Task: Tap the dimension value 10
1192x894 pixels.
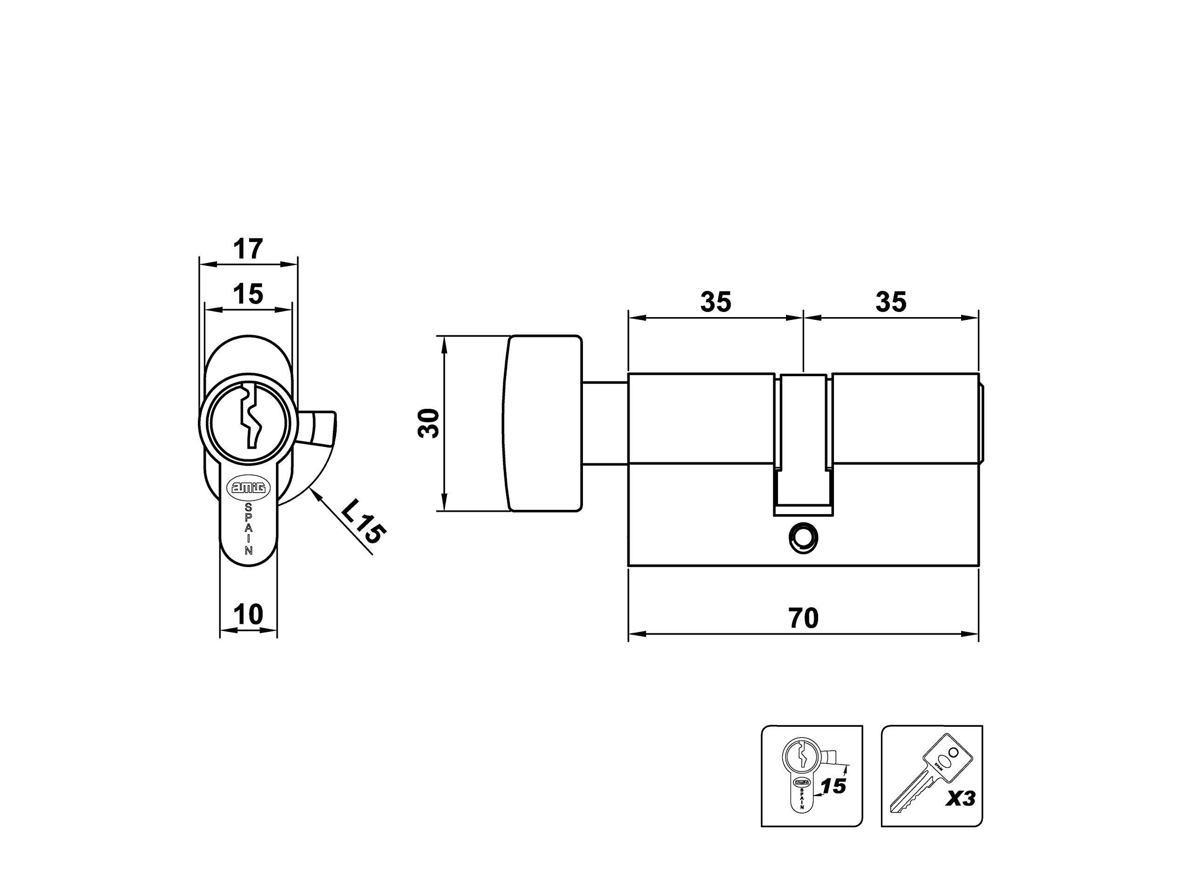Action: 249,614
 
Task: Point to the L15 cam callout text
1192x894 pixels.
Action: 363,521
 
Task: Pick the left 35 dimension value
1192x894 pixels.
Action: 716,302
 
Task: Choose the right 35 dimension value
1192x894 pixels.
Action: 891,302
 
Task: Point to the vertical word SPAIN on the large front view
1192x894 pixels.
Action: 249,528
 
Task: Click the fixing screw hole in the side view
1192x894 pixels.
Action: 802,536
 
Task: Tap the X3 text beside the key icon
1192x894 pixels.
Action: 961,798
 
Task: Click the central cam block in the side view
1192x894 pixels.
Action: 803,444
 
